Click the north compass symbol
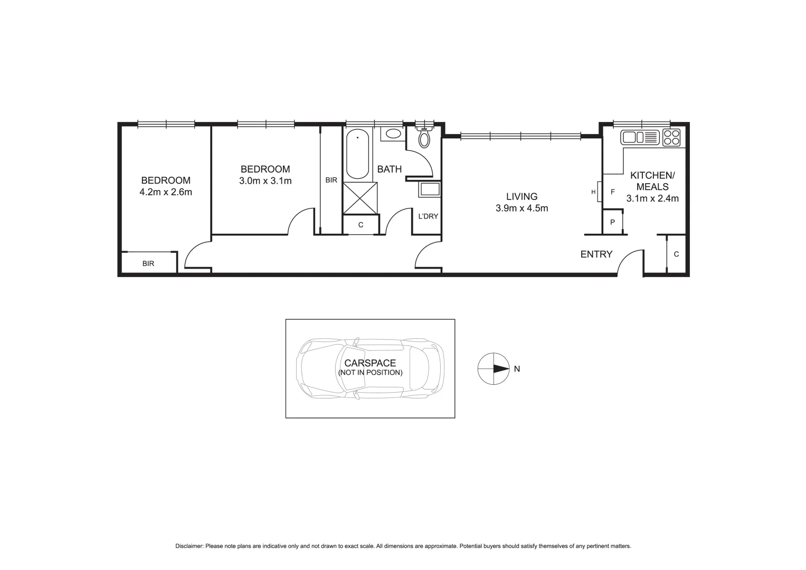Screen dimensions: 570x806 (x=493, y=369)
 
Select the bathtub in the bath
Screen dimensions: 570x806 (x=357, y=154)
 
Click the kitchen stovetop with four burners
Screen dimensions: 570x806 (x=671, y=138)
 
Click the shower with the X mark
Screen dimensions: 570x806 (x=361, y=198)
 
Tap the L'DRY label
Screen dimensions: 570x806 (x=428, y=216)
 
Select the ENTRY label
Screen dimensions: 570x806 (x=596, y=254)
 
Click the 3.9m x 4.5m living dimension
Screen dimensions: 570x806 (x=521, y=208)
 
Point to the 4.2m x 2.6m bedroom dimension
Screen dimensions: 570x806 (x=165, y=192)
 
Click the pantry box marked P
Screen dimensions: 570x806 (x=612, y=222)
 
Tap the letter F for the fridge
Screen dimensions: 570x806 (x=612, y=192)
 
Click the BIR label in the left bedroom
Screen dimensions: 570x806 (x=148, y=263)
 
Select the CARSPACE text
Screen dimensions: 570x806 (x=370, y=363)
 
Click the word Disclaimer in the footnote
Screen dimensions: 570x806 (x=189, y=546)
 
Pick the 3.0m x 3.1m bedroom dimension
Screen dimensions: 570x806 (x=265, y=181)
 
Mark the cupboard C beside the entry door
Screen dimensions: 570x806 (x=676, y=254)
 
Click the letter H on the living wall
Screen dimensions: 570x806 (x=593, y=192)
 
